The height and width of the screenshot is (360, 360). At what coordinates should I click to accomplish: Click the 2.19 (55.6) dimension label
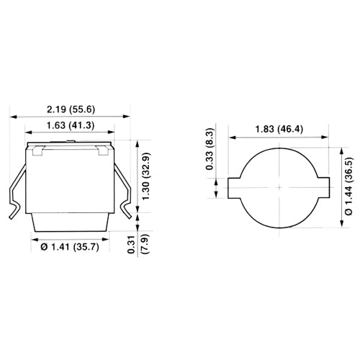[x=71, y=109]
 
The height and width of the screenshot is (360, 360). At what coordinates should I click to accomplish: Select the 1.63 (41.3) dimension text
[x=71, y=125]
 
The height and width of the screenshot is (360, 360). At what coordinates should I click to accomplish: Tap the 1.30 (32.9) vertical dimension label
[x=146, y=176]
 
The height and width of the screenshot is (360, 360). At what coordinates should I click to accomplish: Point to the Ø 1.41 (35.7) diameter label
[x=70, y=247]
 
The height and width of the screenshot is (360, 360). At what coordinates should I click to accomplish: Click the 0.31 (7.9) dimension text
[x=139, y=244]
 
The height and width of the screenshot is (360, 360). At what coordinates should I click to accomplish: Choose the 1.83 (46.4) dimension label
[x=279, y=130]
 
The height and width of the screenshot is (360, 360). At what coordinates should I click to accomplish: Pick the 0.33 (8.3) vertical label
[x=210, y=149]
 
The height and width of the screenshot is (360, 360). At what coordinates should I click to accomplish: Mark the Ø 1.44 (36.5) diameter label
[x=349, y=186]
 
